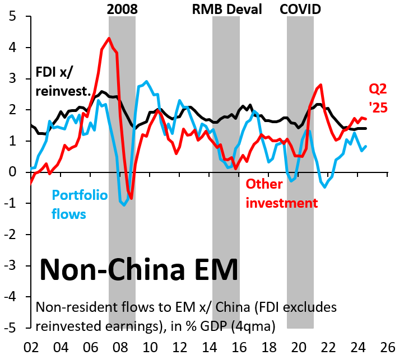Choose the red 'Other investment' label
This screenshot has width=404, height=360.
282,193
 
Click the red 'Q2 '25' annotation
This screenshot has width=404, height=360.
377,97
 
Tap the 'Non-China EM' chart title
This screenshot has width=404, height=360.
138,270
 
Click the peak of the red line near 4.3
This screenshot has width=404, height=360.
109,39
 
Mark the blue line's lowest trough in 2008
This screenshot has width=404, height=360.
124,204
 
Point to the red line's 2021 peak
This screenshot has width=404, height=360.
321,85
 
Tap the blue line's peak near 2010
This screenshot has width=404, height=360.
146,82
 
